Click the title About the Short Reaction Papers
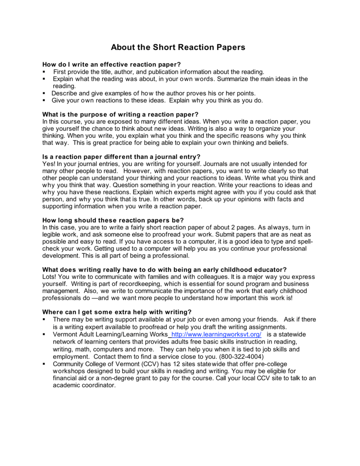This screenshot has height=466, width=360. [x=178, y=47]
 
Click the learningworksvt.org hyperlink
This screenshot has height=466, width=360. [x=216, y=334]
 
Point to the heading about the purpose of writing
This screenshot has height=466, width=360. [x=121, y=114]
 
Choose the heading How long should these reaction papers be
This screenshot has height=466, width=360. [x=113, y=220]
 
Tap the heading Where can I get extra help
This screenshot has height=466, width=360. [x=117, y=312]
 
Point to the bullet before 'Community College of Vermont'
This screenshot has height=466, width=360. [x=44, y=364]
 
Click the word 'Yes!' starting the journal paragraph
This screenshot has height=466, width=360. [x=48, y=163]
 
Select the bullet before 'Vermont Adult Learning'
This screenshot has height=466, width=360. [x=44, y=334]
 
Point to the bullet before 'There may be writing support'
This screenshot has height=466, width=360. [x=44, y=320]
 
